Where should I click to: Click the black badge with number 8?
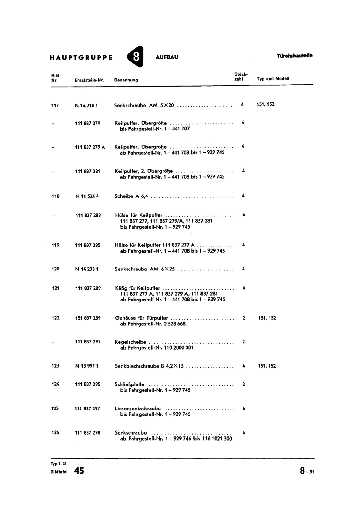coord(135,57)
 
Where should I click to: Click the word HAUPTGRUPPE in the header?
coord(81,58)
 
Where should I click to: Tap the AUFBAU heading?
coord(167,57)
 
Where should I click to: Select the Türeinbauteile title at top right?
coord(294,56)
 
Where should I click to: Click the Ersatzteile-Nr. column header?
coord(89,80)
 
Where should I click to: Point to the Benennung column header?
coord(126,80)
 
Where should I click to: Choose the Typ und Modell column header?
coord(273,79)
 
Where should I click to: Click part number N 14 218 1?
coord(86,105)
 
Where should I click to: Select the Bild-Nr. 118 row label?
coord(55,196)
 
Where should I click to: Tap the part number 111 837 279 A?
coord(90,147)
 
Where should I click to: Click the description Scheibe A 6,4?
coord(131,196)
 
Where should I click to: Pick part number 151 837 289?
coord(88,318)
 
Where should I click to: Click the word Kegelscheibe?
coord(130,342)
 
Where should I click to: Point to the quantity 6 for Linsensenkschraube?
coord(244,408)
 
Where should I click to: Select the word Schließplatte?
coord(129,384)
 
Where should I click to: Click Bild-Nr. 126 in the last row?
coord(55,433)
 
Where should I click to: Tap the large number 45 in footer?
coord(79,471)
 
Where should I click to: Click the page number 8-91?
coord(307,471)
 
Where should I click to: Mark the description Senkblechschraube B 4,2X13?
coord(149,366)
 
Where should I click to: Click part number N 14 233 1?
coord(87,269)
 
